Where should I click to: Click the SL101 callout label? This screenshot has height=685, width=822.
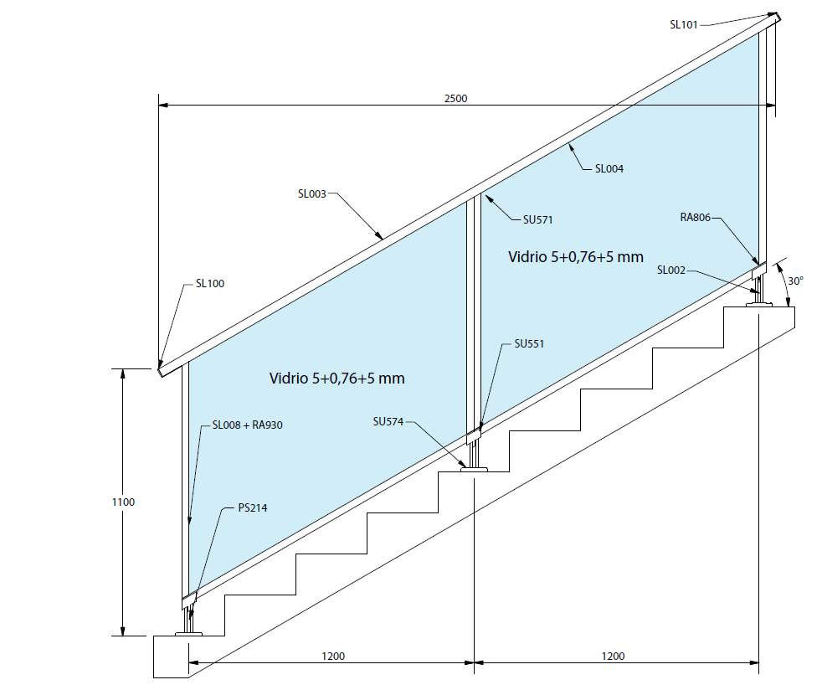tap(683, 24)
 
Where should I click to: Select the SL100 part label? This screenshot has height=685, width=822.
tap(209, 284)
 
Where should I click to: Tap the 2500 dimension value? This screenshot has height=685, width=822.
tap(455, 98)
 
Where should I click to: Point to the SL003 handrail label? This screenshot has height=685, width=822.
tap(311, 193)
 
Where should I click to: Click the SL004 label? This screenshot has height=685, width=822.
tap(609, 168)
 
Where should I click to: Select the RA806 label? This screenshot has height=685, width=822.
tap(695, 218)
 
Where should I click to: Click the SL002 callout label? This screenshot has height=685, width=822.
tap(671, 270)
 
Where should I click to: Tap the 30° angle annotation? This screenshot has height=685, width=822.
tap(795, 281)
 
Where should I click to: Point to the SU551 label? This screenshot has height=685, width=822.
tap(529, 343)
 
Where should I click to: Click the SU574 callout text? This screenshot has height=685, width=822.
tap(388, 421)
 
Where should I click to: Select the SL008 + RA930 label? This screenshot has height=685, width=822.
tap(248, 425)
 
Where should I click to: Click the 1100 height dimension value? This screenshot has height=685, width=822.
tap(123, 502)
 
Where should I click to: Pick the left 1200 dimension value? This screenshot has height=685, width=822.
tap(332, 656)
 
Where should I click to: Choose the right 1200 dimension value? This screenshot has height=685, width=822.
tap(612, 656)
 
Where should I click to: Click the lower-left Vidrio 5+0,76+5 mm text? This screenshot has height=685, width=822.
tap(337, 379)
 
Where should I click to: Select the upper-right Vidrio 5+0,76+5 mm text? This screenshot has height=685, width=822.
tap(576, 257)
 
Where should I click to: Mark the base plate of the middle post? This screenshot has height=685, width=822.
tap(475, 470)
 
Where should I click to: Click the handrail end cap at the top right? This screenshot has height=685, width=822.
tap(774, 17)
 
